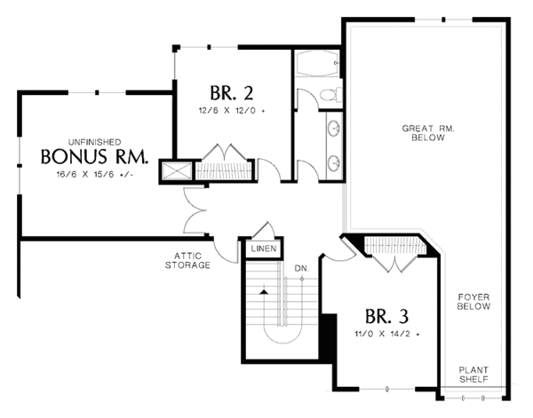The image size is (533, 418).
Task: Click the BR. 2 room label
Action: pos(232,93)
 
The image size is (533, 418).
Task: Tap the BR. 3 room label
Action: pos(386,316)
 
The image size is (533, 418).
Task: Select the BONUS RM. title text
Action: pos(94,156)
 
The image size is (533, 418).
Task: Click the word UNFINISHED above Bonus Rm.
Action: pos(94,142)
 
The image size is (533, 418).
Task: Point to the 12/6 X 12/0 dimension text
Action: pos(232,111)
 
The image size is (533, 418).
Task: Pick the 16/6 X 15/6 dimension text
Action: pos(94,175)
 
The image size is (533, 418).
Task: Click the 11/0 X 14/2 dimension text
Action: pos(386,334)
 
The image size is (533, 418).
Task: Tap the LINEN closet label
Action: pos(264,248)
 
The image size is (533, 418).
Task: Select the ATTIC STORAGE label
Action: pos(188,260)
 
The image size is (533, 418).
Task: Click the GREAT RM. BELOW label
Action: pos(428,133)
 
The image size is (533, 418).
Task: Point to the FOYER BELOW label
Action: pos(473,302)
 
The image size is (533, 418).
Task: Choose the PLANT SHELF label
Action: pos(473,375)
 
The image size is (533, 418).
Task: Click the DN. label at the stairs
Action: pos(301,269)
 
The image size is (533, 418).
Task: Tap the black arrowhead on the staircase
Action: pos(264,292)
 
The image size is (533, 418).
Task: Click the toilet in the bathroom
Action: pos(331,94)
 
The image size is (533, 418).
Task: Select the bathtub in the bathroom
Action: pos(317,64)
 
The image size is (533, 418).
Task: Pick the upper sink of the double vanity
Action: pos(333,129)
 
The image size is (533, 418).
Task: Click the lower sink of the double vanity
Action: pos(333,163)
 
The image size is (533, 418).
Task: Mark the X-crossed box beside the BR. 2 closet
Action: pos(177,170)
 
